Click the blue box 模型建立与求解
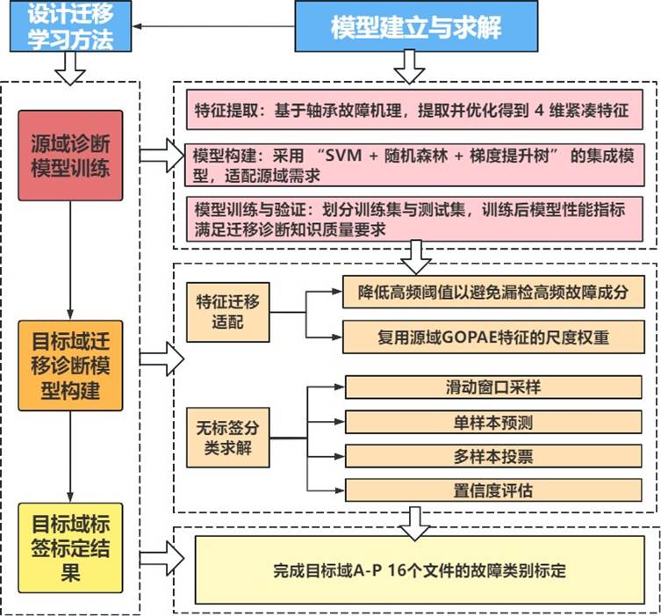[416, 26]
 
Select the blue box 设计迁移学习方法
[71, 26]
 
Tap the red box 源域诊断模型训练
[70, 156]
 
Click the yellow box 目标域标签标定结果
[69, 547]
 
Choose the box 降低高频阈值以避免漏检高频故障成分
[493, 291]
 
